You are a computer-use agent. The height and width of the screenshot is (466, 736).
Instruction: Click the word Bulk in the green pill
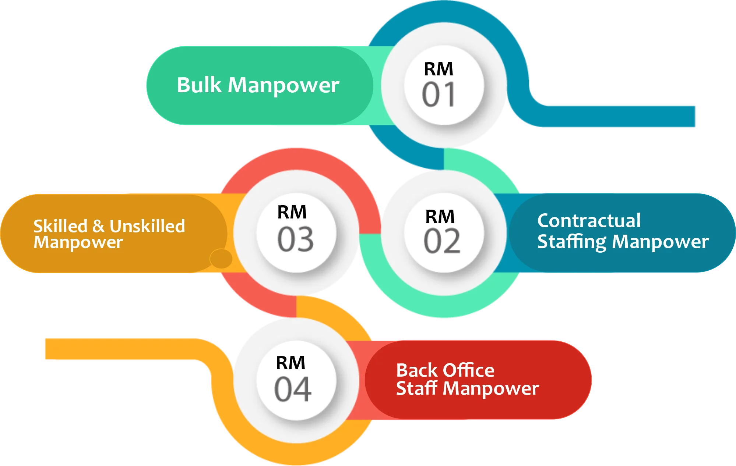pos(199,85)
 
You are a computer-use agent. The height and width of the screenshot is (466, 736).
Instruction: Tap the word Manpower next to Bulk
pos(284,86)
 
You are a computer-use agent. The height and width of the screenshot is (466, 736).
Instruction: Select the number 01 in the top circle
pos(438,95)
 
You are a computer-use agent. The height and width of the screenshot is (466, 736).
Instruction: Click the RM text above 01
pos(438,69)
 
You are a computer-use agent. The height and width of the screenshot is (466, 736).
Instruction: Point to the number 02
pos(442,241)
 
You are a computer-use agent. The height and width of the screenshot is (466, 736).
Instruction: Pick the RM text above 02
pos(440,216)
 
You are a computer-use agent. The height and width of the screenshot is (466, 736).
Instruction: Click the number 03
pos(295,239)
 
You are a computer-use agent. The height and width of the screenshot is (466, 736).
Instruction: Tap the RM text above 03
pos(292,212)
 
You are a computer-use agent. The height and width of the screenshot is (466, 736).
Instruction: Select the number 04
pos(293,389)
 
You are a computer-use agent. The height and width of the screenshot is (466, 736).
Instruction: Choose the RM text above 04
pos(290,363)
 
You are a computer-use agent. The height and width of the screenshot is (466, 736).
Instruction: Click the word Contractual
pos(589,221)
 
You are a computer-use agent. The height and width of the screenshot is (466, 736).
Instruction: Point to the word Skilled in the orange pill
pos(60,226)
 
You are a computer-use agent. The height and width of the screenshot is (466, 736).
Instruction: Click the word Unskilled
pos(147,226)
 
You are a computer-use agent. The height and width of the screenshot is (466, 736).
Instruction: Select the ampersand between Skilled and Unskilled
pos(98,226)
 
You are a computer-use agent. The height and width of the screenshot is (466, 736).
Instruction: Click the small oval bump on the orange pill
pos(221,259)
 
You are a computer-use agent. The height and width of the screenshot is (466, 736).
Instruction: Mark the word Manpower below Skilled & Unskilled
pos(78,242)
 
